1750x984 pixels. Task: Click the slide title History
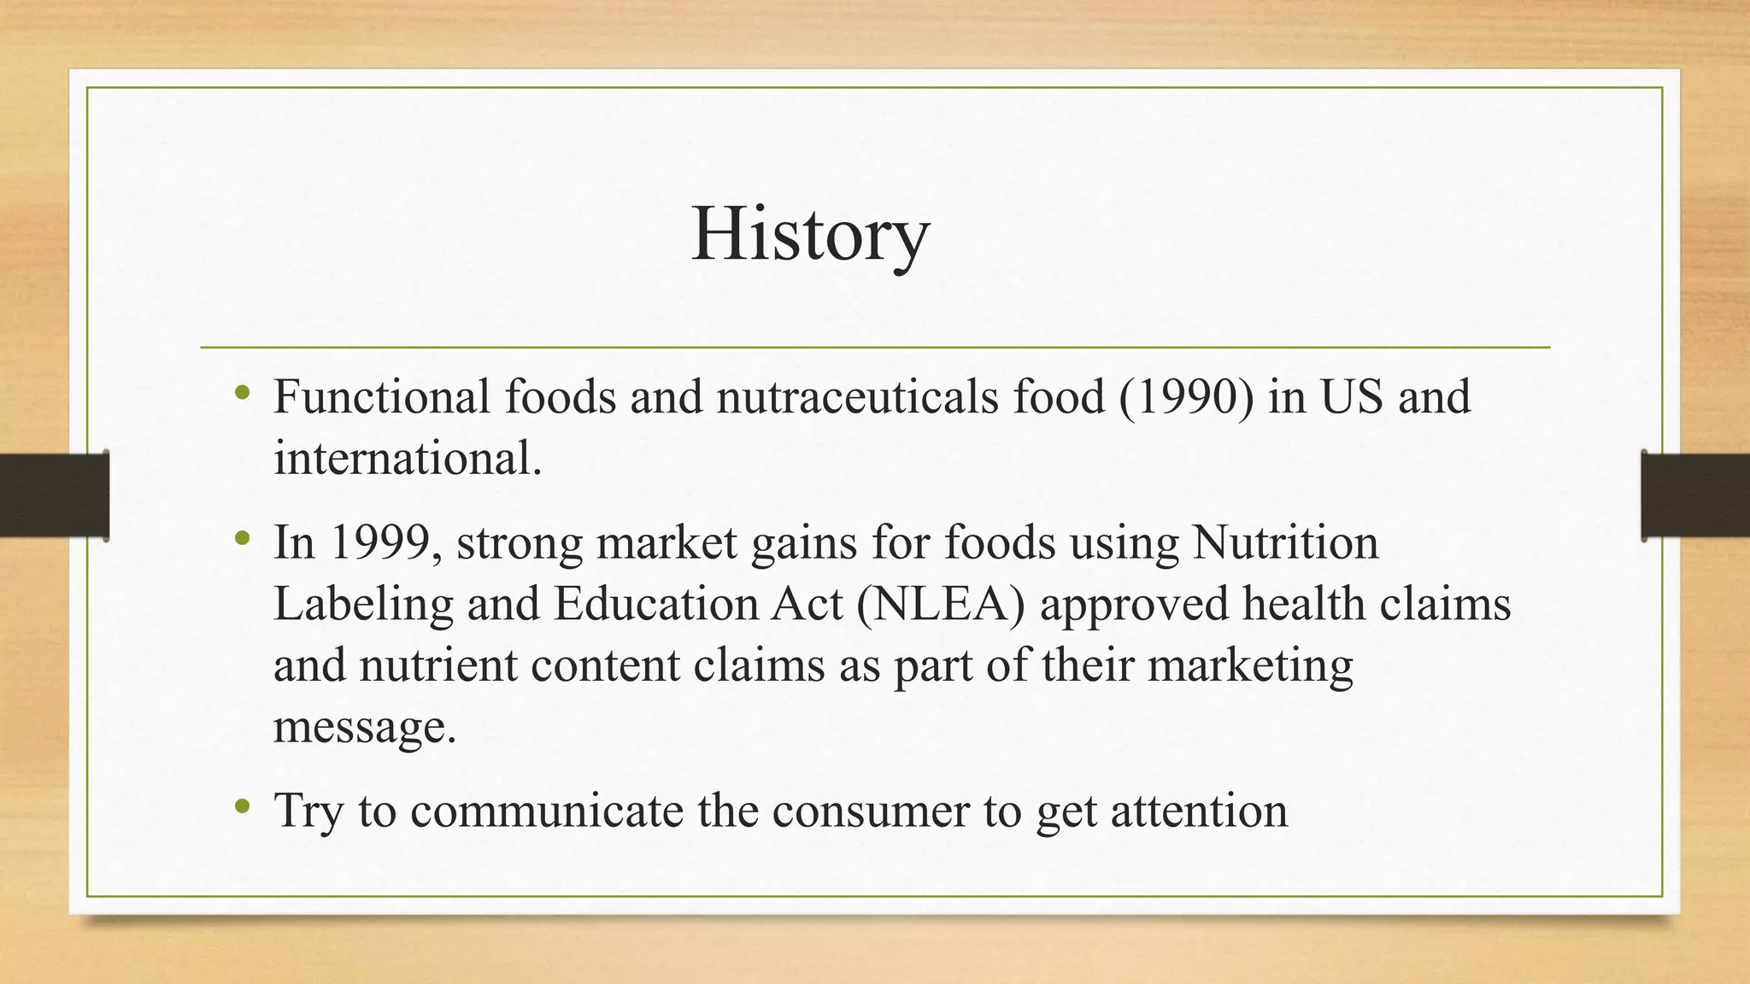(809, 235)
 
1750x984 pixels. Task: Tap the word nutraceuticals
(857, 397)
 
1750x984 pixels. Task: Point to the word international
(408, 459)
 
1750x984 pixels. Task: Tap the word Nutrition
(1285, 542)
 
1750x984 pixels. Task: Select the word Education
(655, 604)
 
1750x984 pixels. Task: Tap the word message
(365, 727)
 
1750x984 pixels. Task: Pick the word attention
(1199, 811)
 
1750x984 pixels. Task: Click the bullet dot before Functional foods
(243, 394)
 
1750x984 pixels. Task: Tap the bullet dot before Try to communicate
(243, 805)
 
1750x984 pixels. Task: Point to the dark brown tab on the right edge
(1695, 495)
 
